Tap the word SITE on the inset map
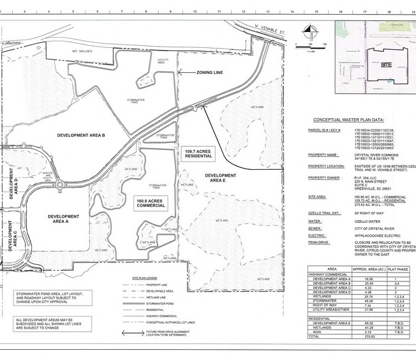tap(387, 64)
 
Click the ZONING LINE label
tap(210, 73)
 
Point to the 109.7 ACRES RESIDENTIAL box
tap(198, 154)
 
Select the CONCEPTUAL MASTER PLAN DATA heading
tap(348, 119)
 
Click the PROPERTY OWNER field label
tap(327, 178)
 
